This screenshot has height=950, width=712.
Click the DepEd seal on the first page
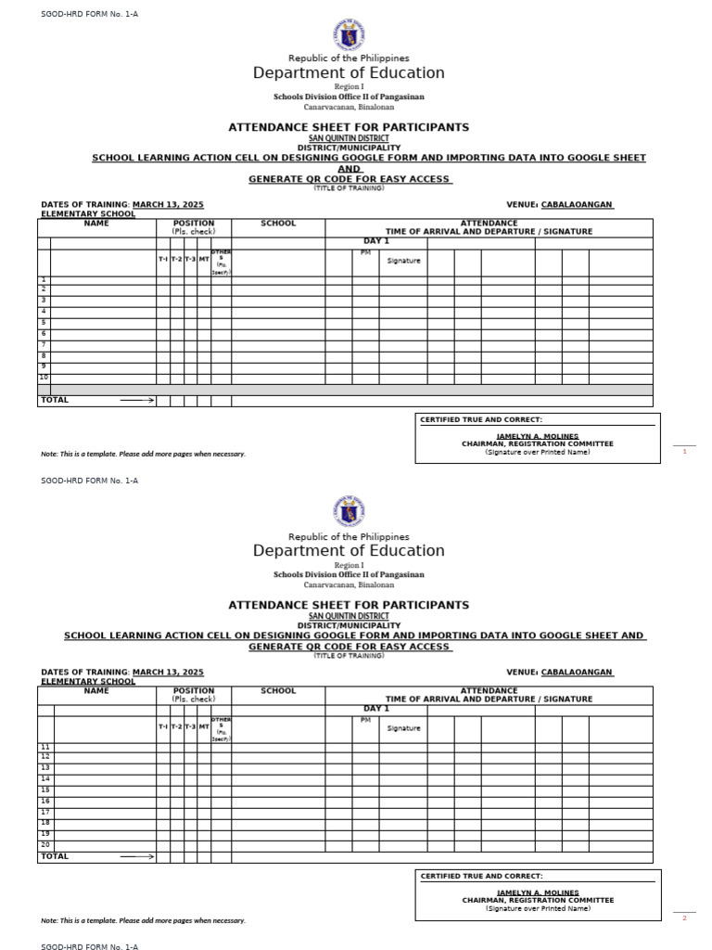349,35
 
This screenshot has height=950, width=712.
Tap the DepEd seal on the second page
349,512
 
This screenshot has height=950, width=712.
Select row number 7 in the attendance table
44,344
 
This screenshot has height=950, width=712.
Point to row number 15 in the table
44,790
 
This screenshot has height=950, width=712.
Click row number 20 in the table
44,844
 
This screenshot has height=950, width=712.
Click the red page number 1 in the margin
684,451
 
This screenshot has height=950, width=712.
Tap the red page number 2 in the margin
684,918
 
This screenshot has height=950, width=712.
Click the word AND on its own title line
350,169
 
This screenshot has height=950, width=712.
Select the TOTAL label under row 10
54,400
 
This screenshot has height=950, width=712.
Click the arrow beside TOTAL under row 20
136,856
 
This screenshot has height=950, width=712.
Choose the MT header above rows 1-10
204,260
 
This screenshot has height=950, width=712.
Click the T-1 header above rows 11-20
163,727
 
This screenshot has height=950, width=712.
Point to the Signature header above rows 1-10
403,261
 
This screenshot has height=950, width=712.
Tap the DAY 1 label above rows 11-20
375,709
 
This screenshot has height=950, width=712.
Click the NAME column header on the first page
96,223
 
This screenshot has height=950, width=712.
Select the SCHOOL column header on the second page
278,690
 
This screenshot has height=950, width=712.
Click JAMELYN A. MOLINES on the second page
538,892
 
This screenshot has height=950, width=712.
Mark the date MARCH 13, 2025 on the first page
168,204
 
